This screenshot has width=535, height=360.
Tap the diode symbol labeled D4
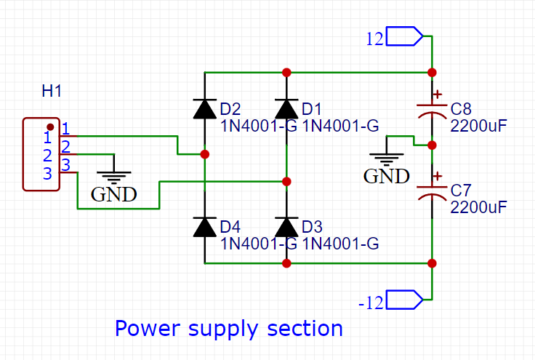pos(204,227)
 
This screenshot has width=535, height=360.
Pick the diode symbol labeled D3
pos(287,227)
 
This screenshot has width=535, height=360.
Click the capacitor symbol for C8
pos(432,112)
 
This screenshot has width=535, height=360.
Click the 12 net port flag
pos(404,36)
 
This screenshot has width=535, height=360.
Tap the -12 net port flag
pos(404,299)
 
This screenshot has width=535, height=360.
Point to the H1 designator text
pos(52,92)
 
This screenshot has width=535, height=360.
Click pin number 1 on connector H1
pos(65,129)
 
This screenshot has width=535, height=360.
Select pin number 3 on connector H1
pos(65,165)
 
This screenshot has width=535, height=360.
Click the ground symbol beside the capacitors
pos(387,156)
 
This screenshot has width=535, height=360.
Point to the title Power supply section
pos(228,329)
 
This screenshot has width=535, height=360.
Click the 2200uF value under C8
pos(478,125)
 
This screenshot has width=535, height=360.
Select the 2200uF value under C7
pos(478,207)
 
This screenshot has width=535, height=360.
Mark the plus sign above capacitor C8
pos(437,94)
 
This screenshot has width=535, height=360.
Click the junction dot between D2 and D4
pos(205,154)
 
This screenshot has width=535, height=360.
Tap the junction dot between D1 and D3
pos(287,181)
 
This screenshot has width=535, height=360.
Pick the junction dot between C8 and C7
pos(432,145)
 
